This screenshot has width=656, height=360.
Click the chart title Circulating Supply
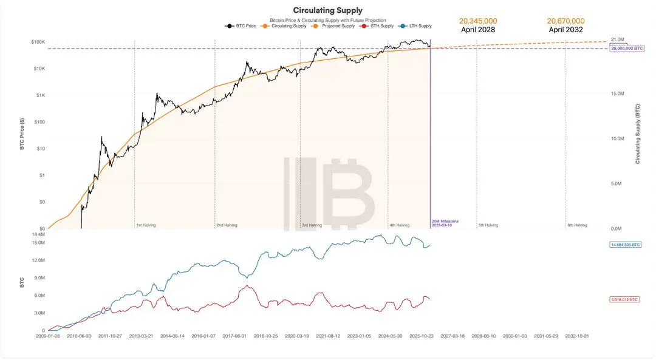pos(327,10)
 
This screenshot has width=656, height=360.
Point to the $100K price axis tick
pos(38,42)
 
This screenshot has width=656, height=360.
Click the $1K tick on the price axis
pos(40,95)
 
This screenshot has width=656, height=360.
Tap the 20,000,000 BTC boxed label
pos(627,48)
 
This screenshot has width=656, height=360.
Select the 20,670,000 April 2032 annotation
pos(566,24)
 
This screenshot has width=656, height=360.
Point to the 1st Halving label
pos(146,225)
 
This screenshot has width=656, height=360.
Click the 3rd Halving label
pos(312,225)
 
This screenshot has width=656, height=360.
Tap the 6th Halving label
pos(577,225)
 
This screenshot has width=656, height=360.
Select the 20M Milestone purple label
pos(445,223)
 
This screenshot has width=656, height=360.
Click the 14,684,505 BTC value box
pos(624,245)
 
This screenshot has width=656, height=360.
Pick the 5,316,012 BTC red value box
pos(624,299)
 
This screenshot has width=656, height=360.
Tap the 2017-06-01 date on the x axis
pos(234,335)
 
